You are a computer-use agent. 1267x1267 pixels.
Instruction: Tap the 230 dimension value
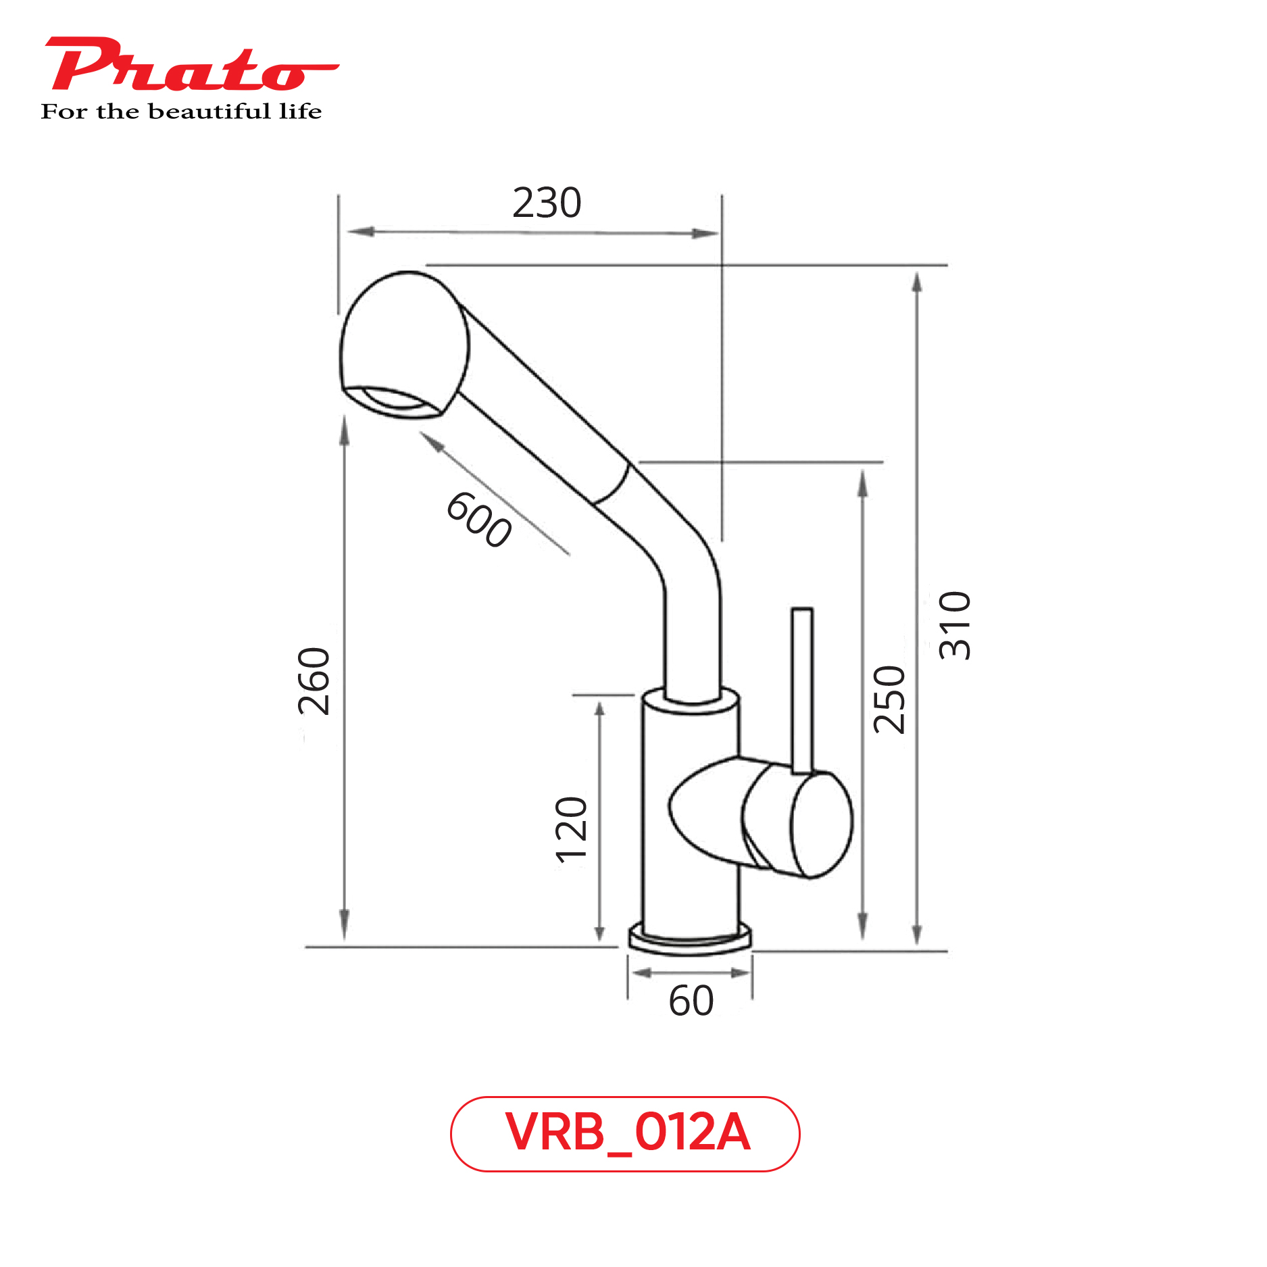(546, 203)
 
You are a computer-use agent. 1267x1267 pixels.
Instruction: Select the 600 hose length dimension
(478, 519)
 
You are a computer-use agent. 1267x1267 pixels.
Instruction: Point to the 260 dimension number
(314, 680)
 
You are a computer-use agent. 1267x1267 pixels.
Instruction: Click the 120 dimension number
(572, 830)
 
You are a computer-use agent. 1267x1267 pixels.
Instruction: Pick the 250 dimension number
(889, 699)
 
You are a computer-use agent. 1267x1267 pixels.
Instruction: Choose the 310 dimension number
(955, 625)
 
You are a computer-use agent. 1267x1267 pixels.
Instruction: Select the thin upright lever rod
(802, 689)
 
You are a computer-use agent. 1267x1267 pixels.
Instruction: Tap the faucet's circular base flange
(689, 941)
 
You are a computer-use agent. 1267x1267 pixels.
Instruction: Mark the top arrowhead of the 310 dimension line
(917, 281)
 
